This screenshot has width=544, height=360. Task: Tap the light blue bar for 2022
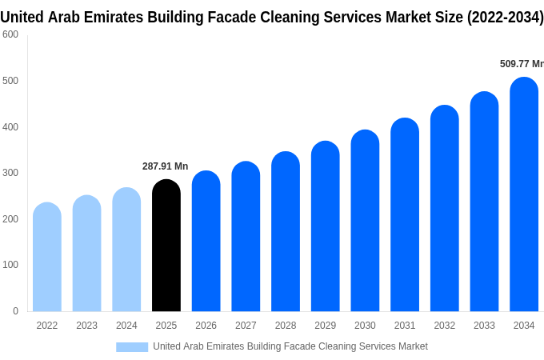pos(47,257)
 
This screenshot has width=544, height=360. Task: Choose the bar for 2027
pos(246,237)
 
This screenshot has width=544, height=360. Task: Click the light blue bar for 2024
pos(126,250)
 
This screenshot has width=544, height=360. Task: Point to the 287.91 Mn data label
pos(165,166)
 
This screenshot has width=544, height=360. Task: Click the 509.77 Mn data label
pos(522,64)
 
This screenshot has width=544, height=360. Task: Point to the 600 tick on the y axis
pos(10,34)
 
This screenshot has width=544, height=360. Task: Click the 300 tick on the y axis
pos(10,173)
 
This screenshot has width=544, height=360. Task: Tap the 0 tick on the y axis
pos(15,311)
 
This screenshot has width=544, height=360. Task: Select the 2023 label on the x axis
pos(86,326)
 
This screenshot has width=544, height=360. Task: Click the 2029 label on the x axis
pos(325,326)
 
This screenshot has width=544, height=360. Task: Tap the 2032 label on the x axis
pos(445,326)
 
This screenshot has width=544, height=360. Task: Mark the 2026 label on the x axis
pos(206,326)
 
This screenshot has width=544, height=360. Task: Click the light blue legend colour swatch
pos(132,346)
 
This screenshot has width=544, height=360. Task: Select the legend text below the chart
pos(290,346)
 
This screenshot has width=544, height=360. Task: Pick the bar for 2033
pos(484,202)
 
